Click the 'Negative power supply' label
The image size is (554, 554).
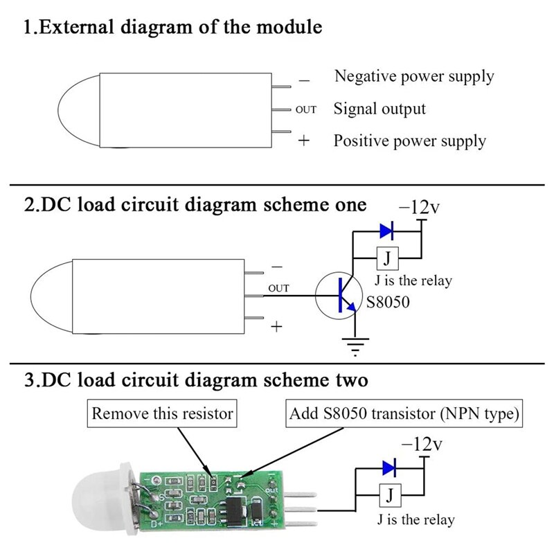[414, 76]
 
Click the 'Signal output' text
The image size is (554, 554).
[379, 109]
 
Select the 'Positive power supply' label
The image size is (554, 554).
[410, 141]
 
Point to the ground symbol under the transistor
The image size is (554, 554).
[355, 344]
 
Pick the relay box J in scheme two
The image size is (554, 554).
[391, 495]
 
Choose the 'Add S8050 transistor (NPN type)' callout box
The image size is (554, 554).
[404, 415]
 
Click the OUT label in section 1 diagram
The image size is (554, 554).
[306, 109]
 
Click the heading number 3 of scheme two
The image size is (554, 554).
[28, 380]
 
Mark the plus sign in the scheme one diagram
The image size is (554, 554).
[276, 327]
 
